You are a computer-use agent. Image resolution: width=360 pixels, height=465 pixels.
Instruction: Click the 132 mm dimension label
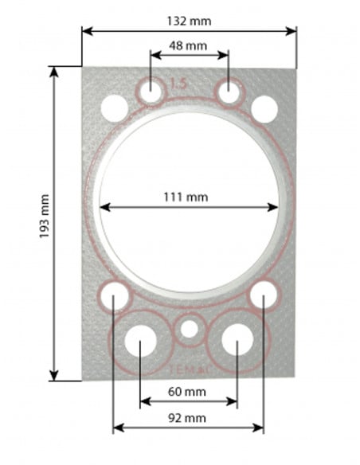tap(190, 20)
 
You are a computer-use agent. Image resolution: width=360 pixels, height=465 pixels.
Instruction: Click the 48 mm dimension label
tap(190, 46)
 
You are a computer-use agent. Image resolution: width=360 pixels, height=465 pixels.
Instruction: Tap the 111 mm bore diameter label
tap(189, 195)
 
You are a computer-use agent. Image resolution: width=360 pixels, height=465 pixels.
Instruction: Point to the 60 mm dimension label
tap(189, 392)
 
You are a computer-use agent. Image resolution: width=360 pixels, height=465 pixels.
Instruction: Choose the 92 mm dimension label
tap(189, 417)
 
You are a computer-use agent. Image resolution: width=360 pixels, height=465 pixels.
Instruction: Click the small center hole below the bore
tap(189, 328)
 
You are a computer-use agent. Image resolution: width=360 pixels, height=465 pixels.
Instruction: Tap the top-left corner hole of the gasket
tap(114, 107)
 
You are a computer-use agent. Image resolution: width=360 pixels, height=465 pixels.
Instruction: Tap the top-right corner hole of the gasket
tap(264, 107)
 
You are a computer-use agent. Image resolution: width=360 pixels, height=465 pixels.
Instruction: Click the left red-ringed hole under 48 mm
tap(151, 92)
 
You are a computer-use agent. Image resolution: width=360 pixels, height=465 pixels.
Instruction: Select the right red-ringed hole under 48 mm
tap(229, 92)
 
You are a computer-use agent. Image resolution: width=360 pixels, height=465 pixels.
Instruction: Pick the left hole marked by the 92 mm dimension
tap(115, 296)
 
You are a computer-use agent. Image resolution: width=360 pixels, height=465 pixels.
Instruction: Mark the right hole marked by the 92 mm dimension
tap(263, 296)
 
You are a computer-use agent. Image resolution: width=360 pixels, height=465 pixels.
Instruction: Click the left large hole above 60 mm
tap(140, 342)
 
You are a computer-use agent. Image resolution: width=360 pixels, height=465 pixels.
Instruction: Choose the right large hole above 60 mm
tap(237, 342)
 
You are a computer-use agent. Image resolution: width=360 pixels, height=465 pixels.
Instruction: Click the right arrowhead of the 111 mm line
tap(276, 208)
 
